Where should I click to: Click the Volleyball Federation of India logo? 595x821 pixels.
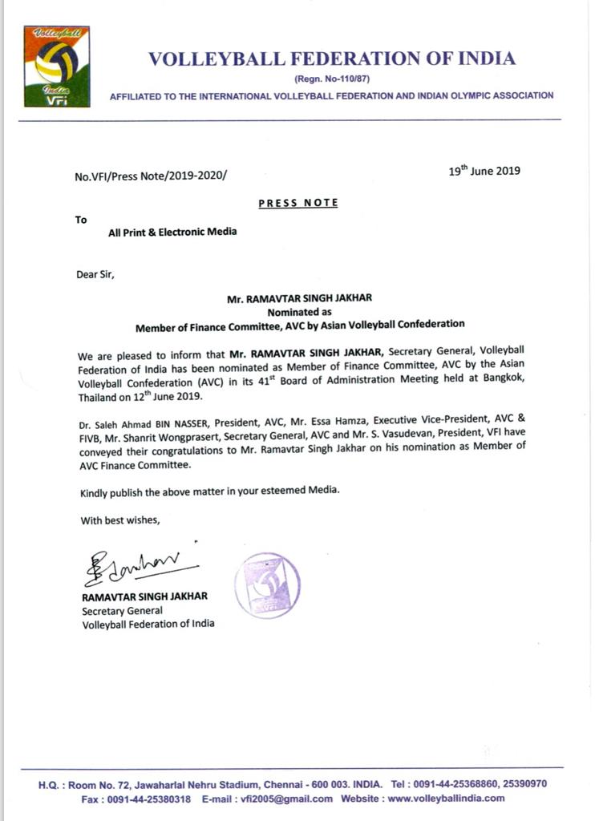(x=56, y=67)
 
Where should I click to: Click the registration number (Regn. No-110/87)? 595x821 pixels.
(x=331, y=78)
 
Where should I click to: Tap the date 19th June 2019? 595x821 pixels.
(x=484, y=170)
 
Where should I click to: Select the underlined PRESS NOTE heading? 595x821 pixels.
(x=298, y=203)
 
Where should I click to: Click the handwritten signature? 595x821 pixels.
(x=136, y=568)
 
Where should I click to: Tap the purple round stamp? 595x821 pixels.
(x=267, y=586)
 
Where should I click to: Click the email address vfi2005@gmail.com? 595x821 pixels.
(x=302, y=799)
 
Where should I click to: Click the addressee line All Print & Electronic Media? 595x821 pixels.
(x=172, y=233)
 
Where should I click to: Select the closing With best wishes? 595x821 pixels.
(x=120, y=520)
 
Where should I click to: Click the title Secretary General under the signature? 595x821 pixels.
(x=122, y=610)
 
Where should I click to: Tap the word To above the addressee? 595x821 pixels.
(x=81, y=219)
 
